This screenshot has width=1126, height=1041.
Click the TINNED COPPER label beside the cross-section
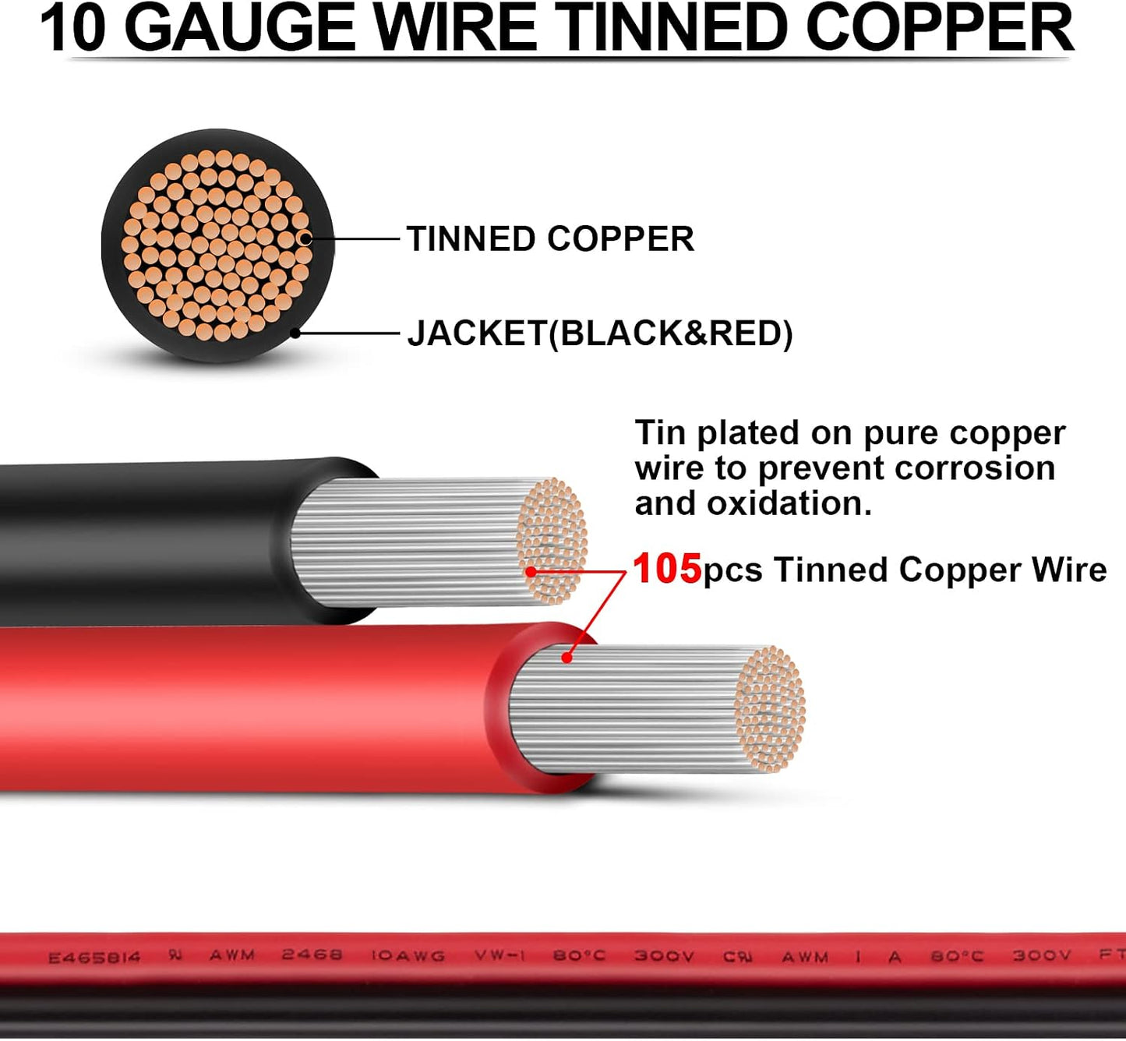point(550,238)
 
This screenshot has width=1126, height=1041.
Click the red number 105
point(667,569)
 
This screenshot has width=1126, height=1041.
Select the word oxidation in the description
point(789,503)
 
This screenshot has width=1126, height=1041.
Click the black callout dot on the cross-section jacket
point(295,333)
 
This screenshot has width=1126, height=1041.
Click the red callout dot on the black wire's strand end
point(531,571)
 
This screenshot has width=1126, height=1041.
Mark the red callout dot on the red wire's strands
point(567,658)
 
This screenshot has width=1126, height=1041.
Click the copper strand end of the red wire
point(770,709)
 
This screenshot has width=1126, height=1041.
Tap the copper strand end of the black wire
point(552,541)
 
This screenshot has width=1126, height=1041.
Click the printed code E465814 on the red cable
point(94,958)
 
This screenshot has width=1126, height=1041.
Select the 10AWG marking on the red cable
point(408,956)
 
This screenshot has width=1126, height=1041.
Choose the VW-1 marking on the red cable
point(500,956)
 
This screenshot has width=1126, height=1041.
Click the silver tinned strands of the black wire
point(405,542)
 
